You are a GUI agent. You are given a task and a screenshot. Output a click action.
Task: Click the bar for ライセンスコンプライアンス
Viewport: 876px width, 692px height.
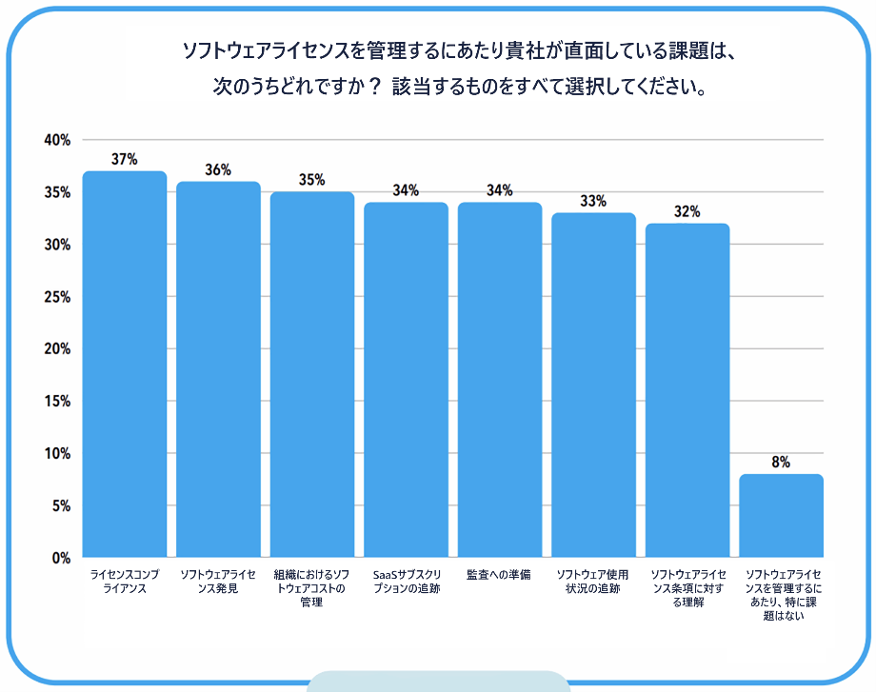tap(125, 364)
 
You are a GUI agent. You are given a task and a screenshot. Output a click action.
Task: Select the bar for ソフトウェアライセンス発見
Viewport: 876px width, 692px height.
tap(218, 369)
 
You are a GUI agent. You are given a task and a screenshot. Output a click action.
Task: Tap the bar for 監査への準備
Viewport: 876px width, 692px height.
tap(500, 380)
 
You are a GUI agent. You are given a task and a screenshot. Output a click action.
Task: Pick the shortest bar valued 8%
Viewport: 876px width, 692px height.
tap(781, 515)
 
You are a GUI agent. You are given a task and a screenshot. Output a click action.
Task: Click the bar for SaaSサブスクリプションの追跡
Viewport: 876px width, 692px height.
tap(406, 380)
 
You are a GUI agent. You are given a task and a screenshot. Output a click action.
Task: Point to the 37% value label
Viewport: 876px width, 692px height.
tap(125, 159)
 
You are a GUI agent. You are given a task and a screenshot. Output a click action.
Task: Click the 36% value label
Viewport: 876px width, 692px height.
tap(218, 169)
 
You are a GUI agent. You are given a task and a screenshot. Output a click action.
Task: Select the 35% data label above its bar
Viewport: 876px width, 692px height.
tap(311, 180)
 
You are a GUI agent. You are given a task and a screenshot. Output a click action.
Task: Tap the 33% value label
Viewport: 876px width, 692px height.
tap(593, 201)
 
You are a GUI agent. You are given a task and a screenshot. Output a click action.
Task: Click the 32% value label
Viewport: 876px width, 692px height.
tap(687, 211)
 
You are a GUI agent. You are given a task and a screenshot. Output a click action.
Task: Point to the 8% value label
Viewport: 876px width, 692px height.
tap(781, 463)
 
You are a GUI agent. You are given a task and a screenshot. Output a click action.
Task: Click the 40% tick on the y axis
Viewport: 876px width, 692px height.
tap(57, 140)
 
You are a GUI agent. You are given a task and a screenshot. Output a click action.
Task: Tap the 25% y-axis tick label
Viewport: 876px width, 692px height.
tap(57, 297)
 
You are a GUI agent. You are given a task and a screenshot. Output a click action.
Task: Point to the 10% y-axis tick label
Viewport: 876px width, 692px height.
tap(57, 454)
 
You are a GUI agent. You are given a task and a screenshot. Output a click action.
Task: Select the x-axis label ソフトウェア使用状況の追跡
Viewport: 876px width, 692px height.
tap(593, 581)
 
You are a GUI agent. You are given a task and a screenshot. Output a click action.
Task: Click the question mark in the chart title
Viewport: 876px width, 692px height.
tap(372, 87)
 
